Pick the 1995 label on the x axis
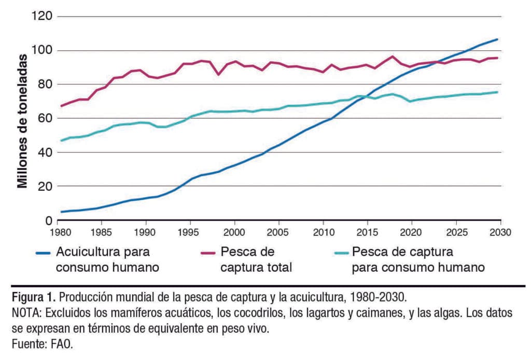tap(191, 230)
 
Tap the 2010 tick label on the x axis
tap(323, 230)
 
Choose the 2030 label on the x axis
tap(499, 230)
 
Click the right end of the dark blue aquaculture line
tap(497, 39)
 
